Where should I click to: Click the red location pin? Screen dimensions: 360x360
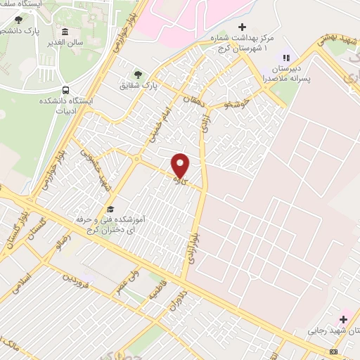tap(181, 166)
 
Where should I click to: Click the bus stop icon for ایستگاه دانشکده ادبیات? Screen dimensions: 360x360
tap(65, 91)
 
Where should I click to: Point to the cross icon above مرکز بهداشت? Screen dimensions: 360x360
tap(242, 27)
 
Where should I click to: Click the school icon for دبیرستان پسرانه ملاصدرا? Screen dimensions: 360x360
tap(285, 58)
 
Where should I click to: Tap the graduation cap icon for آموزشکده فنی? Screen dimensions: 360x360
tap(110, 209)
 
